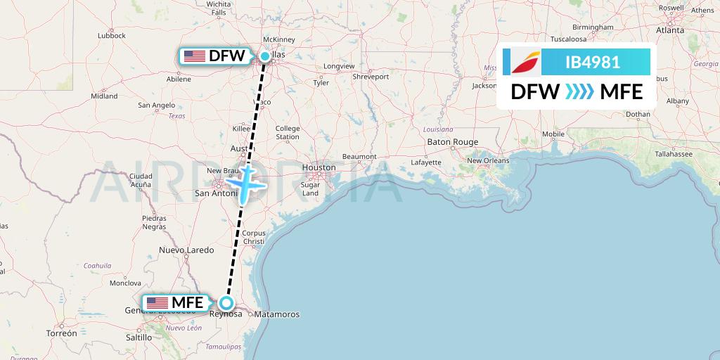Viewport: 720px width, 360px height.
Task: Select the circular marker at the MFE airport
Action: point(226,303)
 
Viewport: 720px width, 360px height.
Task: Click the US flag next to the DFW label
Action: point(193,56)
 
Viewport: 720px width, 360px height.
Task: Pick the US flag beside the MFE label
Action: point(156,303)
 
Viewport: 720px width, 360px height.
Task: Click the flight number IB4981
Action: point(592,62)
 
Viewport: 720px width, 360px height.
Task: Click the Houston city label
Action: point(319,167)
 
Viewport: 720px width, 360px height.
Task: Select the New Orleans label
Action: point(487,160)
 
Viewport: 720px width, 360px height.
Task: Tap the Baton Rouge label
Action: point(452,142)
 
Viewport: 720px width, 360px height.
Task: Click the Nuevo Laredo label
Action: point(186,250)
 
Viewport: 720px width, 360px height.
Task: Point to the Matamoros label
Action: point(277,314)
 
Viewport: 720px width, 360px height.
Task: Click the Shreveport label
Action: point(371,76)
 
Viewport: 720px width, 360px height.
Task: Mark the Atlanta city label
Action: point(670,30)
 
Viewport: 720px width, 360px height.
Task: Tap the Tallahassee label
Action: point(673,153)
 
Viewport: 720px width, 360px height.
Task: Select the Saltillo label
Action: point(138,337)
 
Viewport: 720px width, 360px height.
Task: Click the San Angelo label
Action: point(156,105)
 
